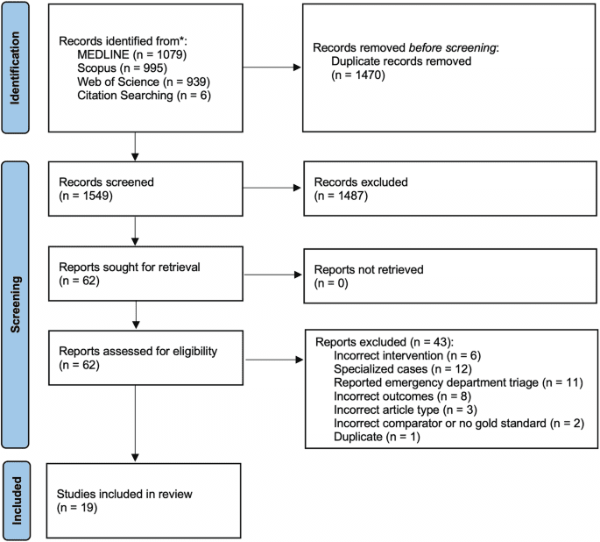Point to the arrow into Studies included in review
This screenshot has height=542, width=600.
tap(134, 430)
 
